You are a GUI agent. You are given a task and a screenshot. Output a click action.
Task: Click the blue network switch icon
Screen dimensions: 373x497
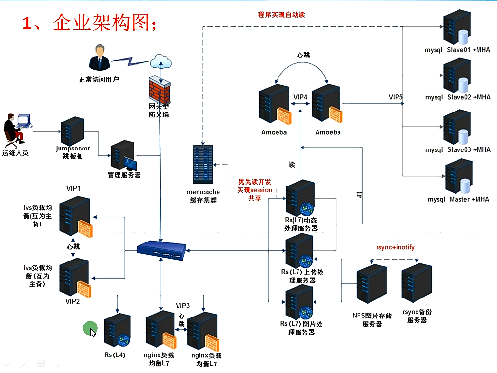(160, 250)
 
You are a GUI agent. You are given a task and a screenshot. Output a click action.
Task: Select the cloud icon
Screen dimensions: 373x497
(161, 60)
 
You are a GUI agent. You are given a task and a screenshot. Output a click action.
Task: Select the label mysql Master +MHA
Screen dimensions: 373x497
(458, 199)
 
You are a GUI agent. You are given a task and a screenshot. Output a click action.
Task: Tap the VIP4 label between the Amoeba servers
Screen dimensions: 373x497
(300, 97)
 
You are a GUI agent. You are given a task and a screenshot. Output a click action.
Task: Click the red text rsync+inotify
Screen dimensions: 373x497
(395, 247)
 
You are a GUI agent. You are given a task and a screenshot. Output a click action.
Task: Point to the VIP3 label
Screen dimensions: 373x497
(183, 306)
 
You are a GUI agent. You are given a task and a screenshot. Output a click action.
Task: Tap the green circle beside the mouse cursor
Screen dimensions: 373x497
(89, 328)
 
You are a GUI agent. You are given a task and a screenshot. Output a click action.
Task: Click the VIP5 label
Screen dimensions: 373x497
(396, 97)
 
